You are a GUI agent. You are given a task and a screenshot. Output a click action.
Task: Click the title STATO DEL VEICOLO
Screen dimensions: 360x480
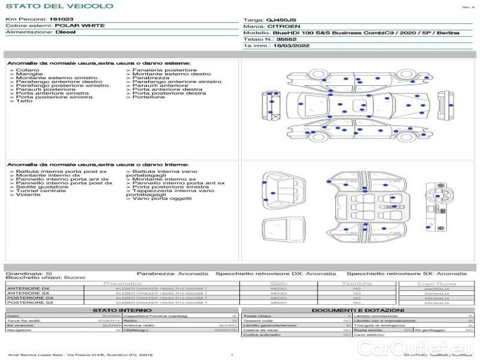(59, 6)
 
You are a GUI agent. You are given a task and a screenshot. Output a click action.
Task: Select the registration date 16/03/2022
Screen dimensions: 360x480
(290, 45)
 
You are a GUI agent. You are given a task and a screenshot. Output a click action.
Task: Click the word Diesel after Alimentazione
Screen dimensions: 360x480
(65, 32)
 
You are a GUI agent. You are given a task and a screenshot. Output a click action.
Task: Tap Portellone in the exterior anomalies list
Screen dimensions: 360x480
(149, 97)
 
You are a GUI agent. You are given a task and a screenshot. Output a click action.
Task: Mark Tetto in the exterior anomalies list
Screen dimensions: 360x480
(24, 101)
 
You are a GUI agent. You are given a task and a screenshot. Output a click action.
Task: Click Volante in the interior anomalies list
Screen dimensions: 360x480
(28, 195)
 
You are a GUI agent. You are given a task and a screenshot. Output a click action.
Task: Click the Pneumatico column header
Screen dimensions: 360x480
(122, 283)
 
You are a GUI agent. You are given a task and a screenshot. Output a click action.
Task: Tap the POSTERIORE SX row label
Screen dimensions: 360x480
(29, 302)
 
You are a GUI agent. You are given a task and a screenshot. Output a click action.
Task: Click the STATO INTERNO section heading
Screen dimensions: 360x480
(118, 310)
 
